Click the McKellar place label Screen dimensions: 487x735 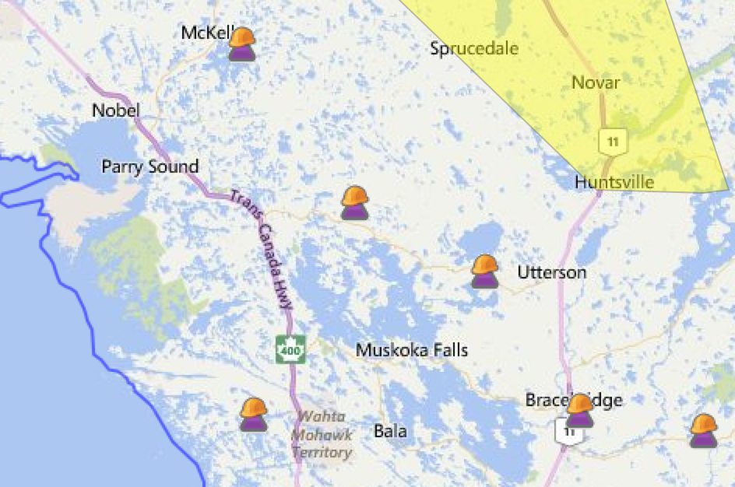[205, 33]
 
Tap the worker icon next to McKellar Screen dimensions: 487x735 [242, 44]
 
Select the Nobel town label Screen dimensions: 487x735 [115, 110]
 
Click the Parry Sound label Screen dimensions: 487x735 [150, 166]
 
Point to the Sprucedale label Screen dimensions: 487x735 [474, 49]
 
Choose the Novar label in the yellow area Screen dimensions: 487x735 [596, 82]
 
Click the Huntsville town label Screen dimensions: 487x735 [614, 183]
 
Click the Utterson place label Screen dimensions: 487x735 [552, 273]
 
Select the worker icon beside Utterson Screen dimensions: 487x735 [485, 272]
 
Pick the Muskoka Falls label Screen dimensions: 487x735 [412, 351]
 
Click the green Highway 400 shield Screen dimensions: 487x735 [289, 349]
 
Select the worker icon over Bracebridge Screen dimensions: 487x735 [580, 410]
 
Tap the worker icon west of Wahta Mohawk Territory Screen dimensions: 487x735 [254, 415]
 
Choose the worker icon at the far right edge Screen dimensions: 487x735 [704, 430]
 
